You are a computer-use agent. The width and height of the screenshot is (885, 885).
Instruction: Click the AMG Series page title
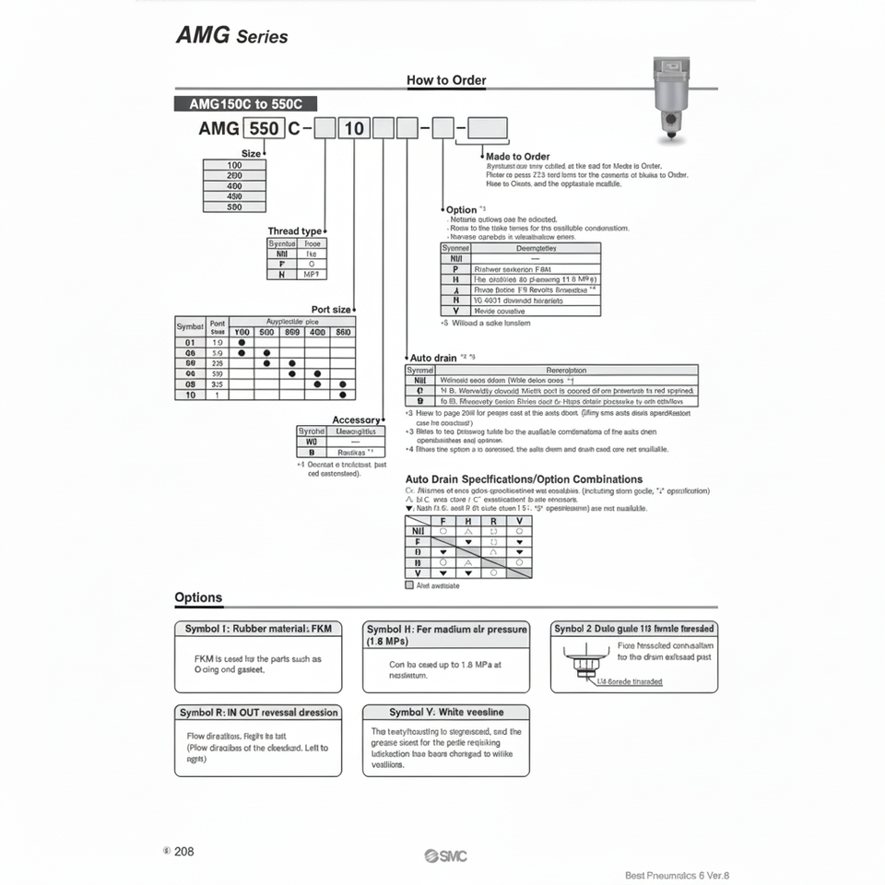(x=231, y=37)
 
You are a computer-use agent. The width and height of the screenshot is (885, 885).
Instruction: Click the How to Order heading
(x=446, y=80)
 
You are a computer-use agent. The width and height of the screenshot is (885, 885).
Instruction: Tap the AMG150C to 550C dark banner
(x=245, y=104)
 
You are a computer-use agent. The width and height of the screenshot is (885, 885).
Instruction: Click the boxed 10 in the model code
(x=354, y=128)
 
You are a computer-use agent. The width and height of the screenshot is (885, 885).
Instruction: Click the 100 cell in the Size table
(x=234, y=165)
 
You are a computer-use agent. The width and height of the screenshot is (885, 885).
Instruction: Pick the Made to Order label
(x=517, y=157)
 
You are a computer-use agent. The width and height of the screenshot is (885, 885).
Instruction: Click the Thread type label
(x=295, y=231)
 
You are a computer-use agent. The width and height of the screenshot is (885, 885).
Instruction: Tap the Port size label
(x=331, y=310)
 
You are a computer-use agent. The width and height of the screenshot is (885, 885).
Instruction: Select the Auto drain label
(x=433, y=357)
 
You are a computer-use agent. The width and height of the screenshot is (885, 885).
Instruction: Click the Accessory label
(x=356, y=420)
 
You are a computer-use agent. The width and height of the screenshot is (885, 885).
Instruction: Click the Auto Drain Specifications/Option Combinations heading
(x=524, y=479)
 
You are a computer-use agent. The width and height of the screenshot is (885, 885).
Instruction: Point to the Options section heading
(x=198, y=597)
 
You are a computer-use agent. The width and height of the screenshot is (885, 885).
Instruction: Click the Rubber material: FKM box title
(x=258, y=629)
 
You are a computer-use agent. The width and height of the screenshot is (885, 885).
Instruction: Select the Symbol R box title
(x=258, y=713)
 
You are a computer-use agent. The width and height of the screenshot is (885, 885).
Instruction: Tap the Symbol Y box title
(x=446, y=713)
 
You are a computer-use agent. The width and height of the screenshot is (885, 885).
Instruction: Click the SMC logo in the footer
(x=446, y=856)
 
